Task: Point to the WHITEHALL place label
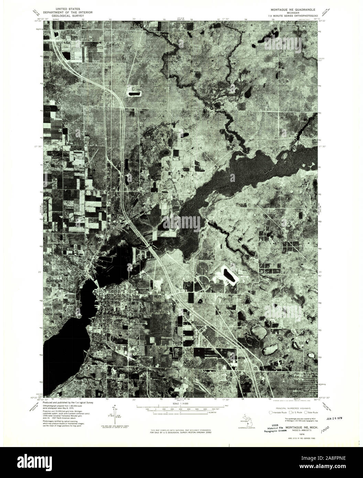(x=139, y=300)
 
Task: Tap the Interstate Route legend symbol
(x=271, y=412)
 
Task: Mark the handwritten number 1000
(x=324, y=428)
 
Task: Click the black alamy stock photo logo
(x=41, y=462)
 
